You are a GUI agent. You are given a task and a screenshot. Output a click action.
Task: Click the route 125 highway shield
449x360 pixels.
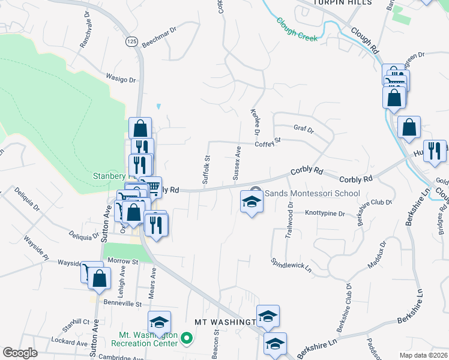[131, 41]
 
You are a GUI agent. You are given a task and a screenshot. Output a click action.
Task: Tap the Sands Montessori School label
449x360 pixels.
[312, 193]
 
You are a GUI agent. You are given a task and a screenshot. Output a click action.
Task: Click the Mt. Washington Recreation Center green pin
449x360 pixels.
[186, 339]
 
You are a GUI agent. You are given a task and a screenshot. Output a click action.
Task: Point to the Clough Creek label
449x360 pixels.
[297, 28]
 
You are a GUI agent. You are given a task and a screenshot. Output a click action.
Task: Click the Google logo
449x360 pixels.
[20, 352]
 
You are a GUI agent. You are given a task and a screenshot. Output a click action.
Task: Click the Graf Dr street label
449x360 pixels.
[304, 128]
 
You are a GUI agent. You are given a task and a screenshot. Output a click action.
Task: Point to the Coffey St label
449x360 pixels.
[268, 143]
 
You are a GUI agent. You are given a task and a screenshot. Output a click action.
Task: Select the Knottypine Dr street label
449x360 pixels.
[325, 213]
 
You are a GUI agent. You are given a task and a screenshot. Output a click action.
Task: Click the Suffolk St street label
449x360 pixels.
[205, 170]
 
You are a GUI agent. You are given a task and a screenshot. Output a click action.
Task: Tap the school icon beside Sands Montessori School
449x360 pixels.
[252, 201]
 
